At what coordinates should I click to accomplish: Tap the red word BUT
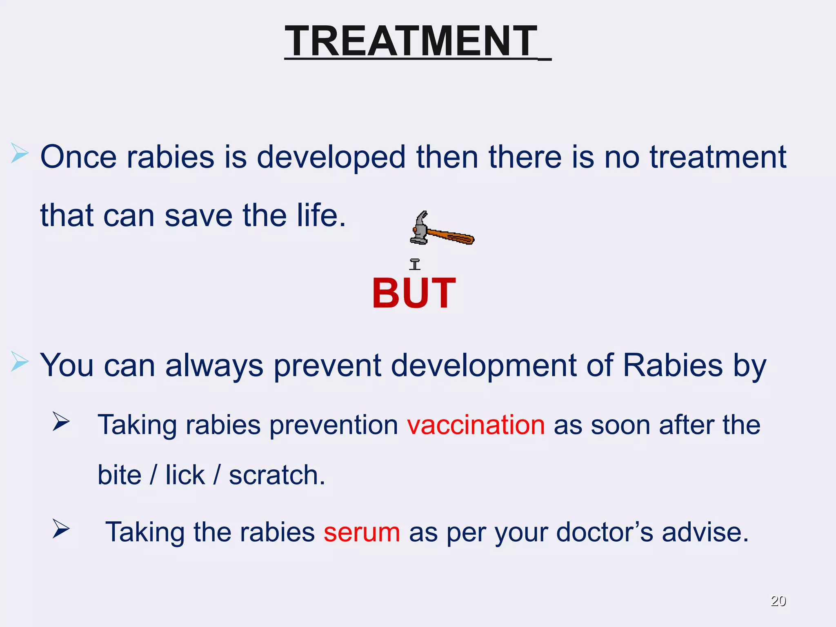click(x=414, y=293)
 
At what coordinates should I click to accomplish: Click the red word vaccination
click(x=476, y=425)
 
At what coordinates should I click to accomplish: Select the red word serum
click(x=362, y=532)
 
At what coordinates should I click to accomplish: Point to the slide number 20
click(x=778, y=601)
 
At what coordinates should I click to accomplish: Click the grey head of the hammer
click(x=420, y=231)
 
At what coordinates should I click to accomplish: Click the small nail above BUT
click(x=415, y=264)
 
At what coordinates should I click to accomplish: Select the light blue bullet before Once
click(x=19, y=153)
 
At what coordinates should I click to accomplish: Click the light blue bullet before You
click(x=19, y=361)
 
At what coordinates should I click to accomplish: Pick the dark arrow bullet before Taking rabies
click(x=61, y=422)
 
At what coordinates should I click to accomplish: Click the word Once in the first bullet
click(x=78, y=157)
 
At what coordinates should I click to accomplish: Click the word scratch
click(x=277, y=475)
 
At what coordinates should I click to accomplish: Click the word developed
click(x=331, y=158)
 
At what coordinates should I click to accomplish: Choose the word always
click(x=214, y=366)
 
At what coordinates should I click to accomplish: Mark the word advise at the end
click(x=705, y=532)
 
